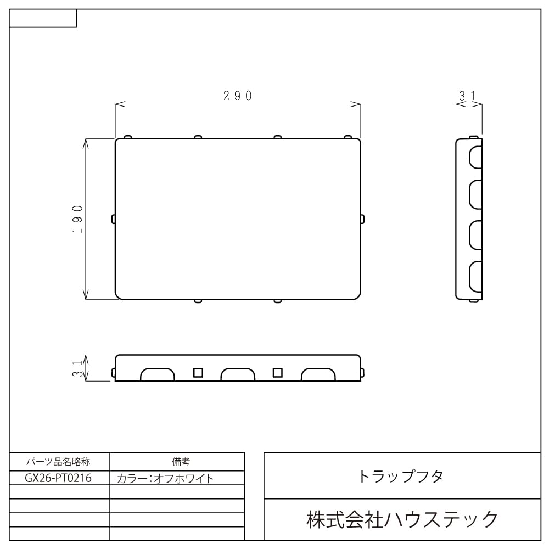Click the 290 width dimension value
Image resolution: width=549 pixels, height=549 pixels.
(238, 96)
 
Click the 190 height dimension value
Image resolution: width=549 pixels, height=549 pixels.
(77, 219)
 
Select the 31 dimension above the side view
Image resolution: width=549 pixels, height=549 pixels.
(468, 96)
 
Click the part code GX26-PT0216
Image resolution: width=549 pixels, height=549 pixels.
(59, 478)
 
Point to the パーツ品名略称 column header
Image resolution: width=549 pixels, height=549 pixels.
(59, 462)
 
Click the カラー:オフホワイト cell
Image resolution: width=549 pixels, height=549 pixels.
(165, 478)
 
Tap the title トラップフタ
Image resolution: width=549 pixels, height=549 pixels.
(400, 476)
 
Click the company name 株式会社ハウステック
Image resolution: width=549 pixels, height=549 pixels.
(402, 519)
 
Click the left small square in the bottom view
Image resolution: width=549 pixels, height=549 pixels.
(198, 372)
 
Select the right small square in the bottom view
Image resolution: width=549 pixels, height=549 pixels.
(278, 372)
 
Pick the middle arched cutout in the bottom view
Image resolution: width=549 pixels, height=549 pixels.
(238, 375)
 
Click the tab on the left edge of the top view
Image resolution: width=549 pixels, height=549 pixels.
(113, 219)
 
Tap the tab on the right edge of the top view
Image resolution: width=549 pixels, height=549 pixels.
(362, 219)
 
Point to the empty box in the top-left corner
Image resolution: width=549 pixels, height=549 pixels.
(43, 18)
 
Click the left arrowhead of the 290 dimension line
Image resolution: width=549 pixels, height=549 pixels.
(118, 103)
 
